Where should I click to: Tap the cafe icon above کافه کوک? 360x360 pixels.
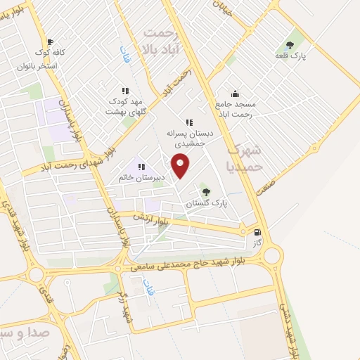tap(49, 42)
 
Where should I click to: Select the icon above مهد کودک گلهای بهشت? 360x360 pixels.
tap(125, 91)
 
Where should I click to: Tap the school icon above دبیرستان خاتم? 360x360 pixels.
tap(141, 167)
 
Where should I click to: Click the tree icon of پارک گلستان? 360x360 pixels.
tap(205, 191)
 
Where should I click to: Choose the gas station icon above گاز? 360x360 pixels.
tap(257, 232)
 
